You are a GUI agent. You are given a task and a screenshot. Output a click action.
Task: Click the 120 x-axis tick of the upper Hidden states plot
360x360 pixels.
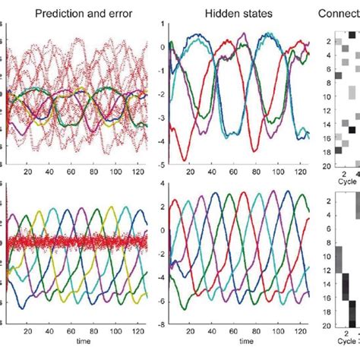tap(296, 172)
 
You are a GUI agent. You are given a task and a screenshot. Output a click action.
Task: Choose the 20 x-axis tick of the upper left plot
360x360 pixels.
tap(29, 172)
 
